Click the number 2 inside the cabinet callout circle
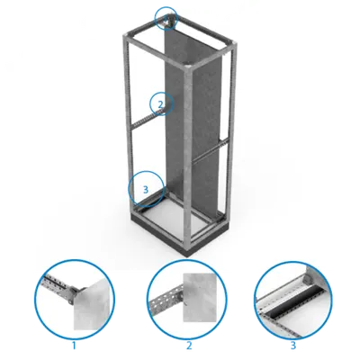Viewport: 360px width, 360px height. (161, 104)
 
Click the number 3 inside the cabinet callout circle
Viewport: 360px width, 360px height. (146, 190)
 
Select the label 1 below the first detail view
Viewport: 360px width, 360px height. (74, 346)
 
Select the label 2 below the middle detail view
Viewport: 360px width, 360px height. (189, 346)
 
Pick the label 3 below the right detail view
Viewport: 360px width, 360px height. (292, 346)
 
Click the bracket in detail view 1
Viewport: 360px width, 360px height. (74, 293)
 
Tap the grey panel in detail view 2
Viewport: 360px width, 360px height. (201, 297)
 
